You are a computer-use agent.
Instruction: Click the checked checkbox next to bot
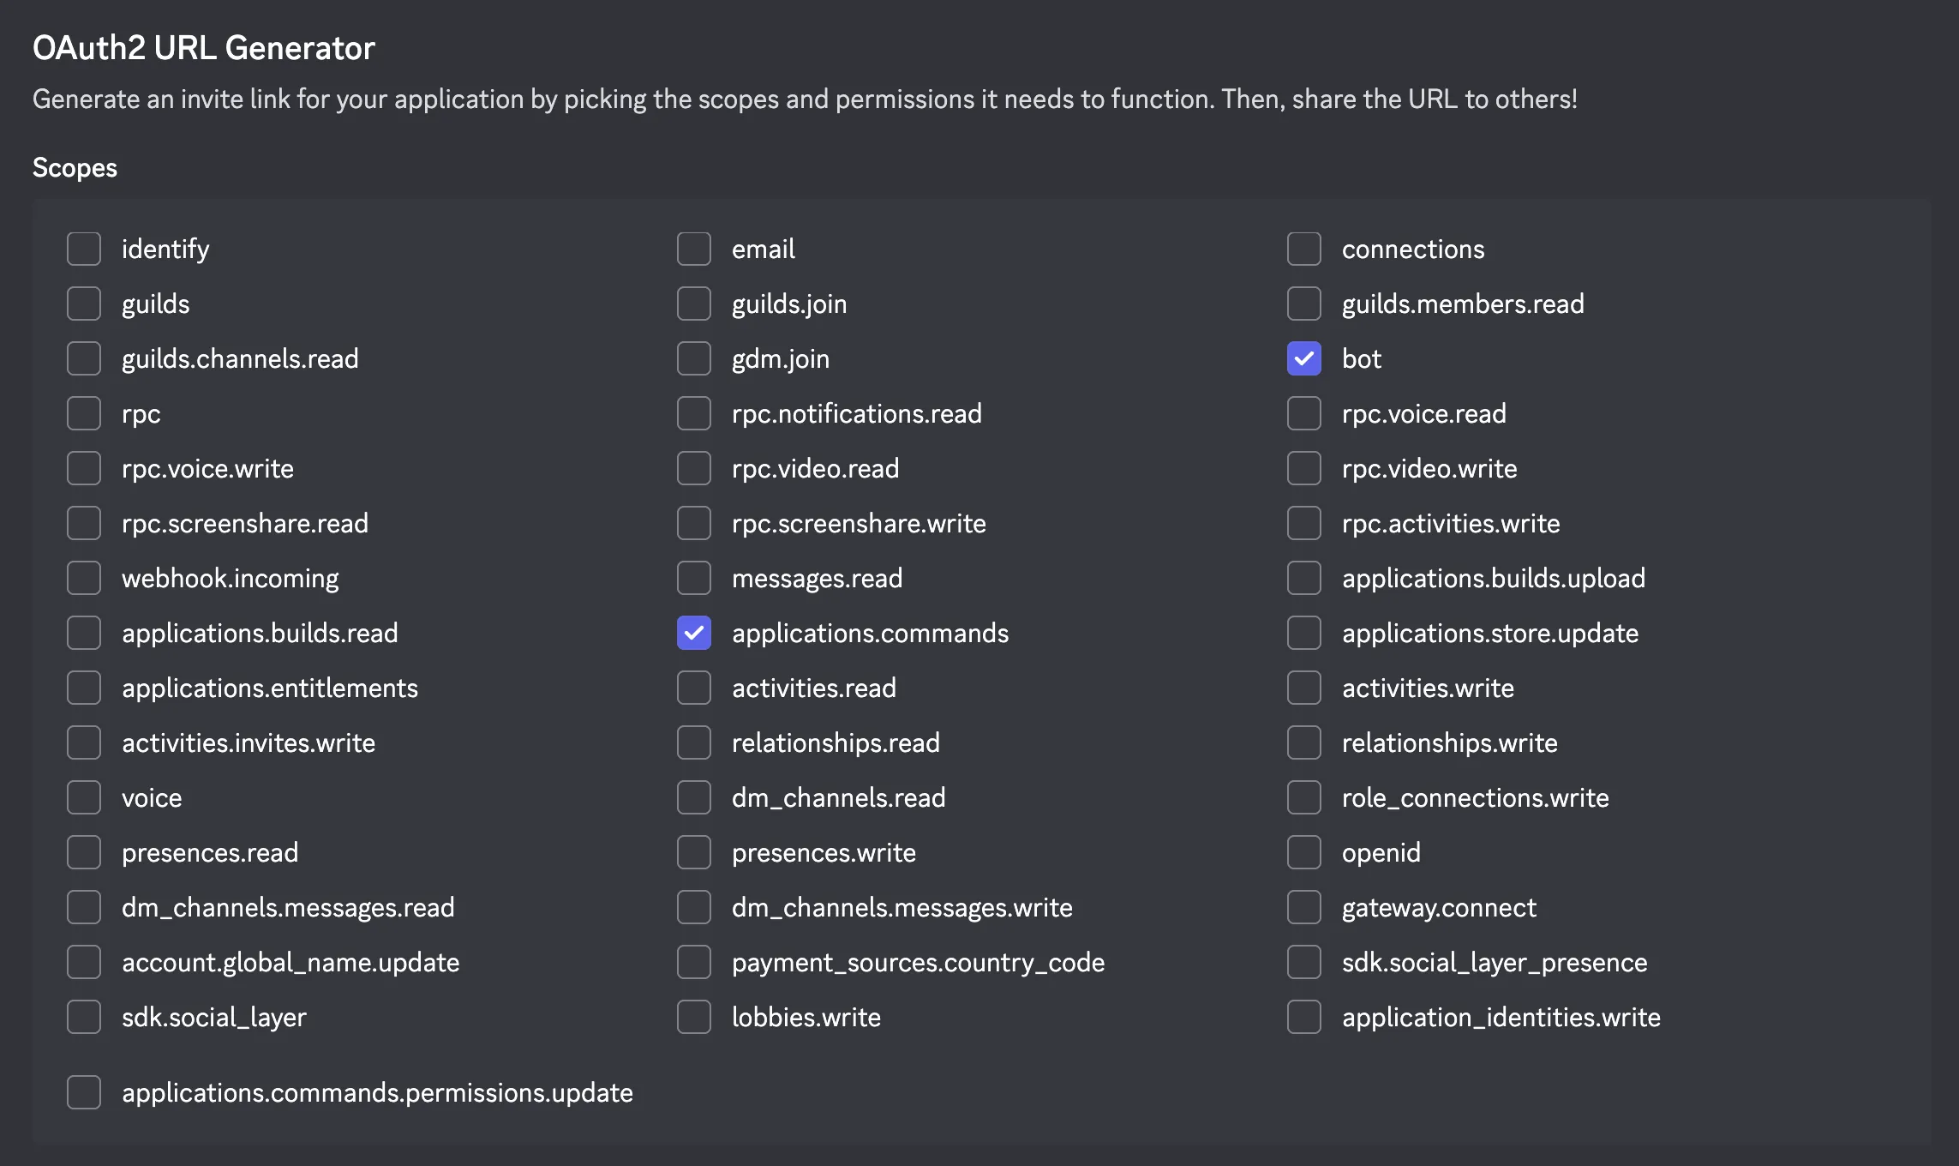(x=1303, y=358)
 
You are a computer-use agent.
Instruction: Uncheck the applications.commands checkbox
(x=693, y=633)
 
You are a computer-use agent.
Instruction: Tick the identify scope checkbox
(x=84, y=249)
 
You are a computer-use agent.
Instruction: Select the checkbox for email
(x=693, y=249)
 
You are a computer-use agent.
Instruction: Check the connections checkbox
(x=1303, y=249)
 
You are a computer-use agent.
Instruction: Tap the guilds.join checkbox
(x=693, y=304)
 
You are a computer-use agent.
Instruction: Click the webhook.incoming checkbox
(x=84, y=578)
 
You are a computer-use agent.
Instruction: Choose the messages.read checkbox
(x=693, y=578)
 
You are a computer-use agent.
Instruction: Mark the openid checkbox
(x=1303, y=852)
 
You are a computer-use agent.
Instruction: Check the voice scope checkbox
(x=84, y=797)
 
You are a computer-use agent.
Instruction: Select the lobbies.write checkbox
(x=693, y=1017)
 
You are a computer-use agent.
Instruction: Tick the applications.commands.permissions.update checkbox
(x=84, y=1092)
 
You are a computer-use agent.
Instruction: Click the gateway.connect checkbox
(x=1303, y=907)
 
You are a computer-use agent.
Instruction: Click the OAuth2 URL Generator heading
(x=204, y=48)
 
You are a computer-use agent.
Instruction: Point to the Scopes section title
(x=75, y=167)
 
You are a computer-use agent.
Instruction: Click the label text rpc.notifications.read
(x=856, y=413)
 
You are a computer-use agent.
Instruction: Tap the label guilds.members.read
(x=1462, y=304)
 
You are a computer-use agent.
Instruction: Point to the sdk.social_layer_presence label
(x=1494, y=962)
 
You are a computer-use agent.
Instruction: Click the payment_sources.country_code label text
(x=918, y=962)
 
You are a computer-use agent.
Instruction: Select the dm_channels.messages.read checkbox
(x=84, y=907)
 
